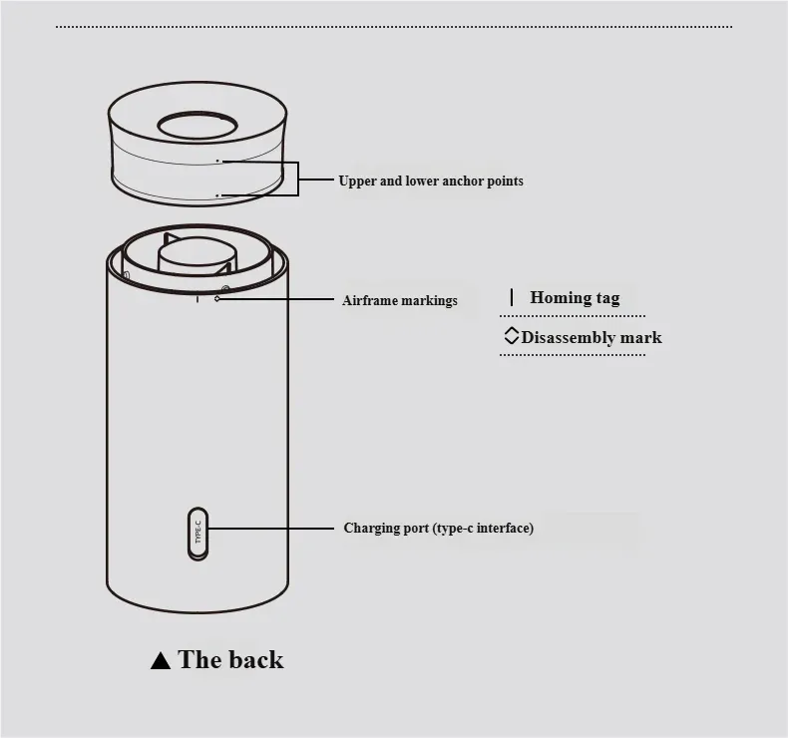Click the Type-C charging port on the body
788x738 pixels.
197,534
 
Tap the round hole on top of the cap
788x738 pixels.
197,125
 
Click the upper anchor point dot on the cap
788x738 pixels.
217,161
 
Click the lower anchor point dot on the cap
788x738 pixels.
217,194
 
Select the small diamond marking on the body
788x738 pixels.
217,298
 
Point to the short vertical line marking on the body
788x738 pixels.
197,299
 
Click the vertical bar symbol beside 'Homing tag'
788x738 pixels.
512,297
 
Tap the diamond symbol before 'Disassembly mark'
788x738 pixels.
511,336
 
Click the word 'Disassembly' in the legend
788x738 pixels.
569,338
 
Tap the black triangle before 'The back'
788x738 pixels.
161,660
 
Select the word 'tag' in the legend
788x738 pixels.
608,298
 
